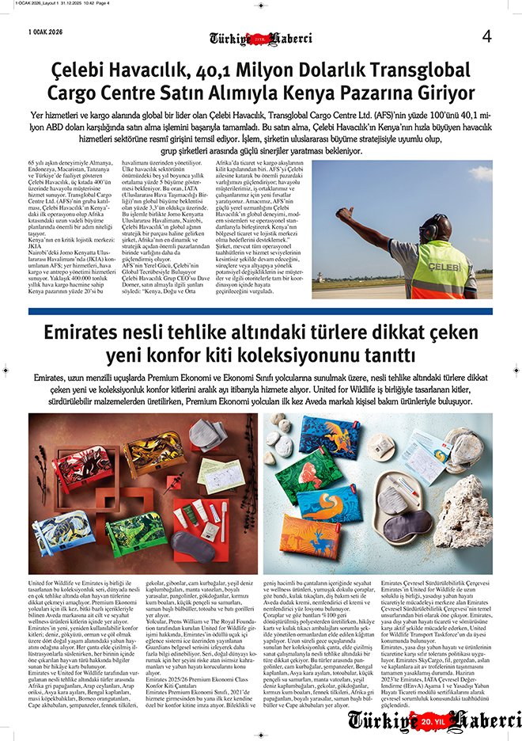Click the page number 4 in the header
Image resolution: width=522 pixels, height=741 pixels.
pos(486,36)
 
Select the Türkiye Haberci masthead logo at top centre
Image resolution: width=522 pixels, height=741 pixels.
pos(260,38)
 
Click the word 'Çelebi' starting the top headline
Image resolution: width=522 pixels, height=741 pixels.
pos(83,71)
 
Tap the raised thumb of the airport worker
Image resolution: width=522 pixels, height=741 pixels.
pos(341,212)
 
